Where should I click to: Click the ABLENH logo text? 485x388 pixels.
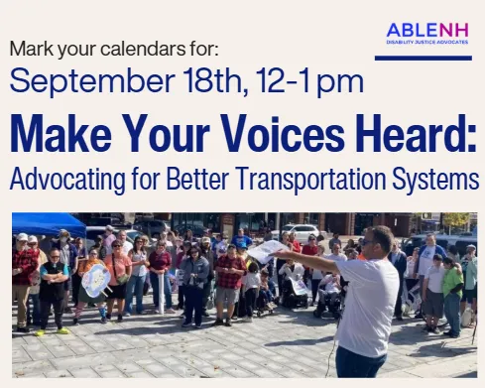(427, 31)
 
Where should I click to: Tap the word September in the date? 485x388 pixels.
(92, 81)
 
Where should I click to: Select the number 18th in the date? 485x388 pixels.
(216, 80)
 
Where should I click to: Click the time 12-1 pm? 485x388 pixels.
(309, 81)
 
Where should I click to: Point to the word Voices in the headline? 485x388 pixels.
(283, 133)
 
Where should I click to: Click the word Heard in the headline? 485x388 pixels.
(417, 133)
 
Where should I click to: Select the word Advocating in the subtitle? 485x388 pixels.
(67, 180)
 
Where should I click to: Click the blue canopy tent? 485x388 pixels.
(49, 224)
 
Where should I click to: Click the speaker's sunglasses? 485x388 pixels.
(368, 242)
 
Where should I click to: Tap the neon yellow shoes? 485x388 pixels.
(53, 331)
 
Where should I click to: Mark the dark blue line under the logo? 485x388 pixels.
(424, 59)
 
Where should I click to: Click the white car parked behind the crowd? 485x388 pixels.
(301, 231)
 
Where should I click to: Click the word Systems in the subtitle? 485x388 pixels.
(435, 180)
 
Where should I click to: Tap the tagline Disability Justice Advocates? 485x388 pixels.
(427, 42)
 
